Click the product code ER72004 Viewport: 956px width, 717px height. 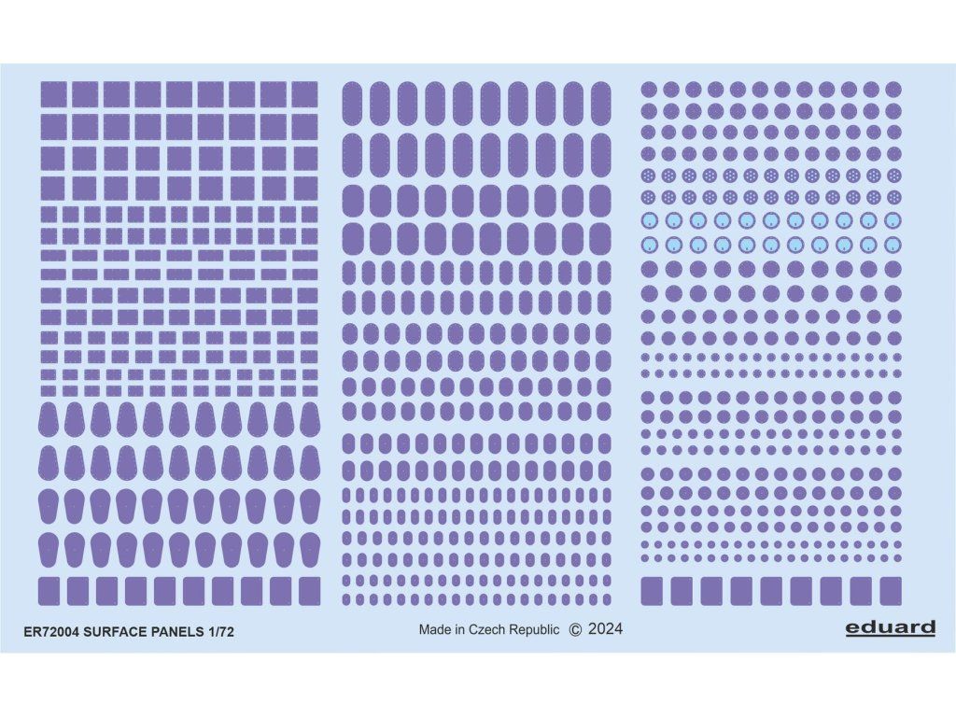(x=50, y=632)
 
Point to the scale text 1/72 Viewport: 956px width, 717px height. (x=220, y=632)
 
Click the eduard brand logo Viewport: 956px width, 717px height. (x=891, y=627)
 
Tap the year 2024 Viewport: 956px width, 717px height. (x=605, y=629)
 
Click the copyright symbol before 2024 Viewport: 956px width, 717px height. (x=575, y=630)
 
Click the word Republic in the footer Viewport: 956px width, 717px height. (x=534, y=630)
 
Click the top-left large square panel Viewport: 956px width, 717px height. (x=53, y=94)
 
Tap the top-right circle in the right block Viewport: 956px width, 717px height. (x=893, y=89)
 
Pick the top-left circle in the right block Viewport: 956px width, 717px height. (x=649, y=89)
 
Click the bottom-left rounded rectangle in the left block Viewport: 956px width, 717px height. (x=49, y=591)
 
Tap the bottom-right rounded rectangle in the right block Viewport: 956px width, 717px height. (x=891, y=591)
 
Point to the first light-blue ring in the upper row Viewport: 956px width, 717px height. (x=650, y=220)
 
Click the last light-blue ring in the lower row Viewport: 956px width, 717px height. (x=893, y=245)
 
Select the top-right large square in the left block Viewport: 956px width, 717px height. (x=304, y=94)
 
